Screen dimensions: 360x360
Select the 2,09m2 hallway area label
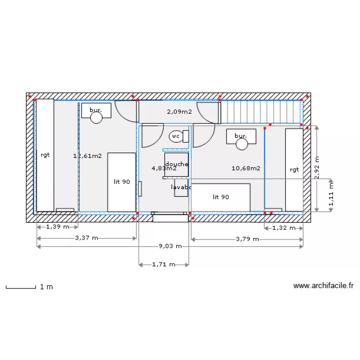[x=179, y=112]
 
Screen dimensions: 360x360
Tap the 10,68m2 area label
[x=246, y=168]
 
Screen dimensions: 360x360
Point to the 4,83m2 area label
[x=164, y=168]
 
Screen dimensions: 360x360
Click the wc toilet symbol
[x=176, y=136]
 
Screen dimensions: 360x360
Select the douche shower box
[x=177, y=164]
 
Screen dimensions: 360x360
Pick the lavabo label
[x=181, y=187]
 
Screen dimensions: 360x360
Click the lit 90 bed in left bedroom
[x=121, y=182]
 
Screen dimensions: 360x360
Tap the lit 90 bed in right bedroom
[x=221, y=197]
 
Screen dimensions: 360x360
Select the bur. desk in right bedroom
[x=241, y=136]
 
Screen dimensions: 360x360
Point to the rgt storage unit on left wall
[x=45, y=155]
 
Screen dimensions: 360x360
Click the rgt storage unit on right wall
[x=294, y=169]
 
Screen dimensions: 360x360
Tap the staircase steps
[x=260, y=112]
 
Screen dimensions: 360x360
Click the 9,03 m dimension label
[x=170, y=246]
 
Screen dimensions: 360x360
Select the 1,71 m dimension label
[x=163, y=264]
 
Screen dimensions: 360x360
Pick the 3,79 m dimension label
[x=247, y=239]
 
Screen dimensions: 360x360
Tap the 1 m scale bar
[x=21, y=287]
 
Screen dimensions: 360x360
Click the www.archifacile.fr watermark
[x=323, y=286]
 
